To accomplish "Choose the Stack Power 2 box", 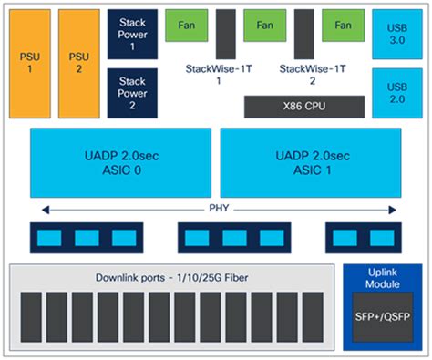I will pyautogui.click(x=133, y=92).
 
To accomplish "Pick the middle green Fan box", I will pyautogui.click(x=265, y=26).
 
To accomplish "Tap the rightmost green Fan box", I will pyautogui.click(x=343, y=26).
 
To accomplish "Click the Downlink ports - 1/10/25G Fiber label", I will pyautogui.click(x=173, y=276).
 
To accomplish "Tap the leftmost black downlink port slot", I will pyautogui.click(x=30, y=316).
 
